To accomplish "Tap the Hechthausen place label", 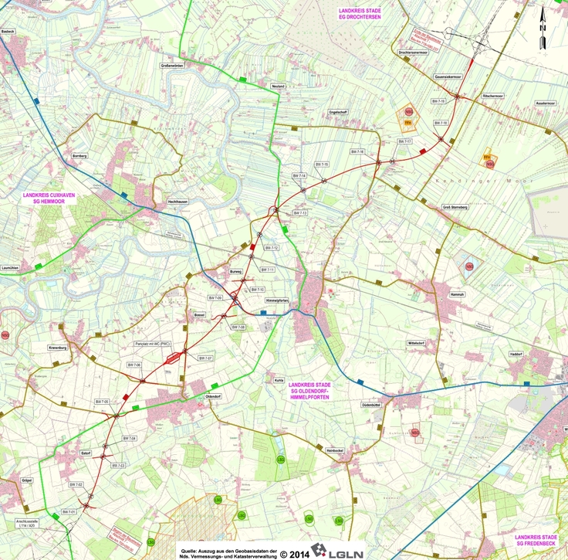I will [x=177, y=202].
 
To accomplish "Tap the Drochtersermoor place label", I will [x=414, y=53].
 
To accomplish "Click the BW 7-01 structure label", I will [x=69, y=512].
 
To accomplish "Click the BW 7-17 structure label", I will [x=405, y=141].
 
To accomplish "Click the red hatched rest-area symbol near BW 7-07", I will [x=177, y=356].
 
